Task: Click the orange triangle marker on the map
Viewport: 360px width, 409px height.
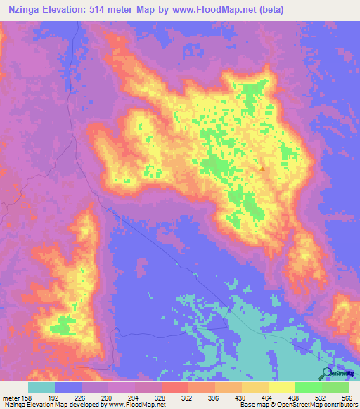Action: (x=262, y=168)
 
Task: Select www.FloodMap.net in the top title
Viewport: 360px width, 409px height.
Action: (x=214, y=9)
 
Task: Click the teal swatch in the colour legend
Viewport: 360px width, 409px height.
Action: (x=41, y=387)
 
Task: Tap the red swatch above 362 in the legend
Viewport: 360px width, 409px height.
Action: (x=174, y=387)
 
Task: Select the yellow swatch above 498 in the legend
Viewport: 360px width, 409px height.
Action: (x=281, y=387)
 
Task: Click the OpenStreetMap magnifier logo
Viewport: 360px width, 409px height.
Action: (x=326, y=374)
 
